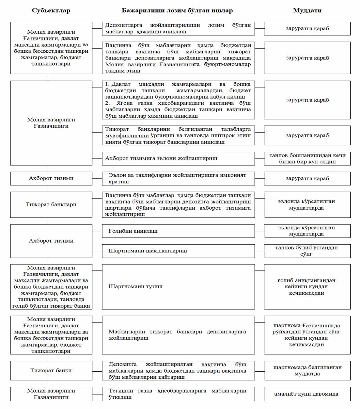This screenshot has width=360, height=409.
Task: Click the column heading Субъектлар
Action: pyautogui.click(x=51, y=11)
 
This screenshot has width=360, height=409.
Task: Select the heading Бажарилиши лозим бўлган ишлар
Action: pyautogui.click(x=177, y=11)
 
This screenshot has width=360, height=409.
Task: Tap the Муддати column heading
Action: pyautogui.click(x=307, y=11)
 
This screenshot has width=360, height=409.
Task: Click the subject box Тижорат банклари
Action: pyautogui.click(x=51, y=204)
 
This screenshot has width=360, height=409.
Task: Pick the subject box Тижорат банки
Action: pyautogui.click(x=51, y=371)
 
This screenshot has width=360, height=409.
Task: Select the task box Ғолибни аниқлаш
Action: pyautogui.click(x=178, y=231)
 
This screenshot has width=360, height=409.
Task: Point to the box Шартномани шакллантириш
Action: pyautogui.click(x=178, y=251)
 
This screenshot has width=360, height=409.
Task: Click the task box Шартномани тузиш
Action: pyautogui.click(x=178, y=287)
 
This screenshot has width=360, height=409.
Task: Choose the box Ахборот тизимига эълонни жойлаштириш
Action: pyautogui.click(x=178, y=159)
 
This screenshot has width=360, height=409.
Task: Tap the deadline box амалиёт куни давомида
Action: pyautogui.click(x=307, y=394)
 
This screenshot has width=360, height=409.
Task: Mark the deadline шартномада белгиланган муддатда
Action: pyautogui.click(x=307, y=371)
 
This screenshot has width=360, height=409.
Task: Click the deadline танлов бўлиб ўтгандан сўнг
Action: pyautogui.click(x=307, y=251)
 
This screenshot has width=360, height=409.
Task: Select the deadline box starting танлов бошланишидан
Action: pyautogui.click(x=307, y=159)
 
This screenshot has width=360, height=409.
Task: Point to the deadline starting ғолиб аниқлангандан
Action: pyautogui.click(x=307, y=287)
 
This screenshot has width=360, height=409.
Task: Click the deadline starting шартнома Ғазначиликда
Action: pyautogui.click(x=307, y=335)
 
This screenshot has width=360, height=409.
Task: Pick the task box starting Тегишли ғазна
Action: pyautogui.click(x=178, y=394)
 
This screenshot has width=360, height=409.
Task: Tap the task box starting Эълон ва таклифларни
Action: pyautogui.click(x=178, y=178)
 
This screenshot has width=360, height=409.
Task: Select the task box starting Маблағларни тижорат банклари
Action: pyautogui.click(x=178, y=335)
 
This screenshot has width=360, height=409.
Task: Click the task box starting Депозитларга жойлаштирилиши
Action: pyautogui.click(x=178, y=29)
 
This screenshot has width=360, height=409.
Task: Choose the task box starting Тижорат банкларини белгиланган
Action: pyautogui.click(x=178, y=135)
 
